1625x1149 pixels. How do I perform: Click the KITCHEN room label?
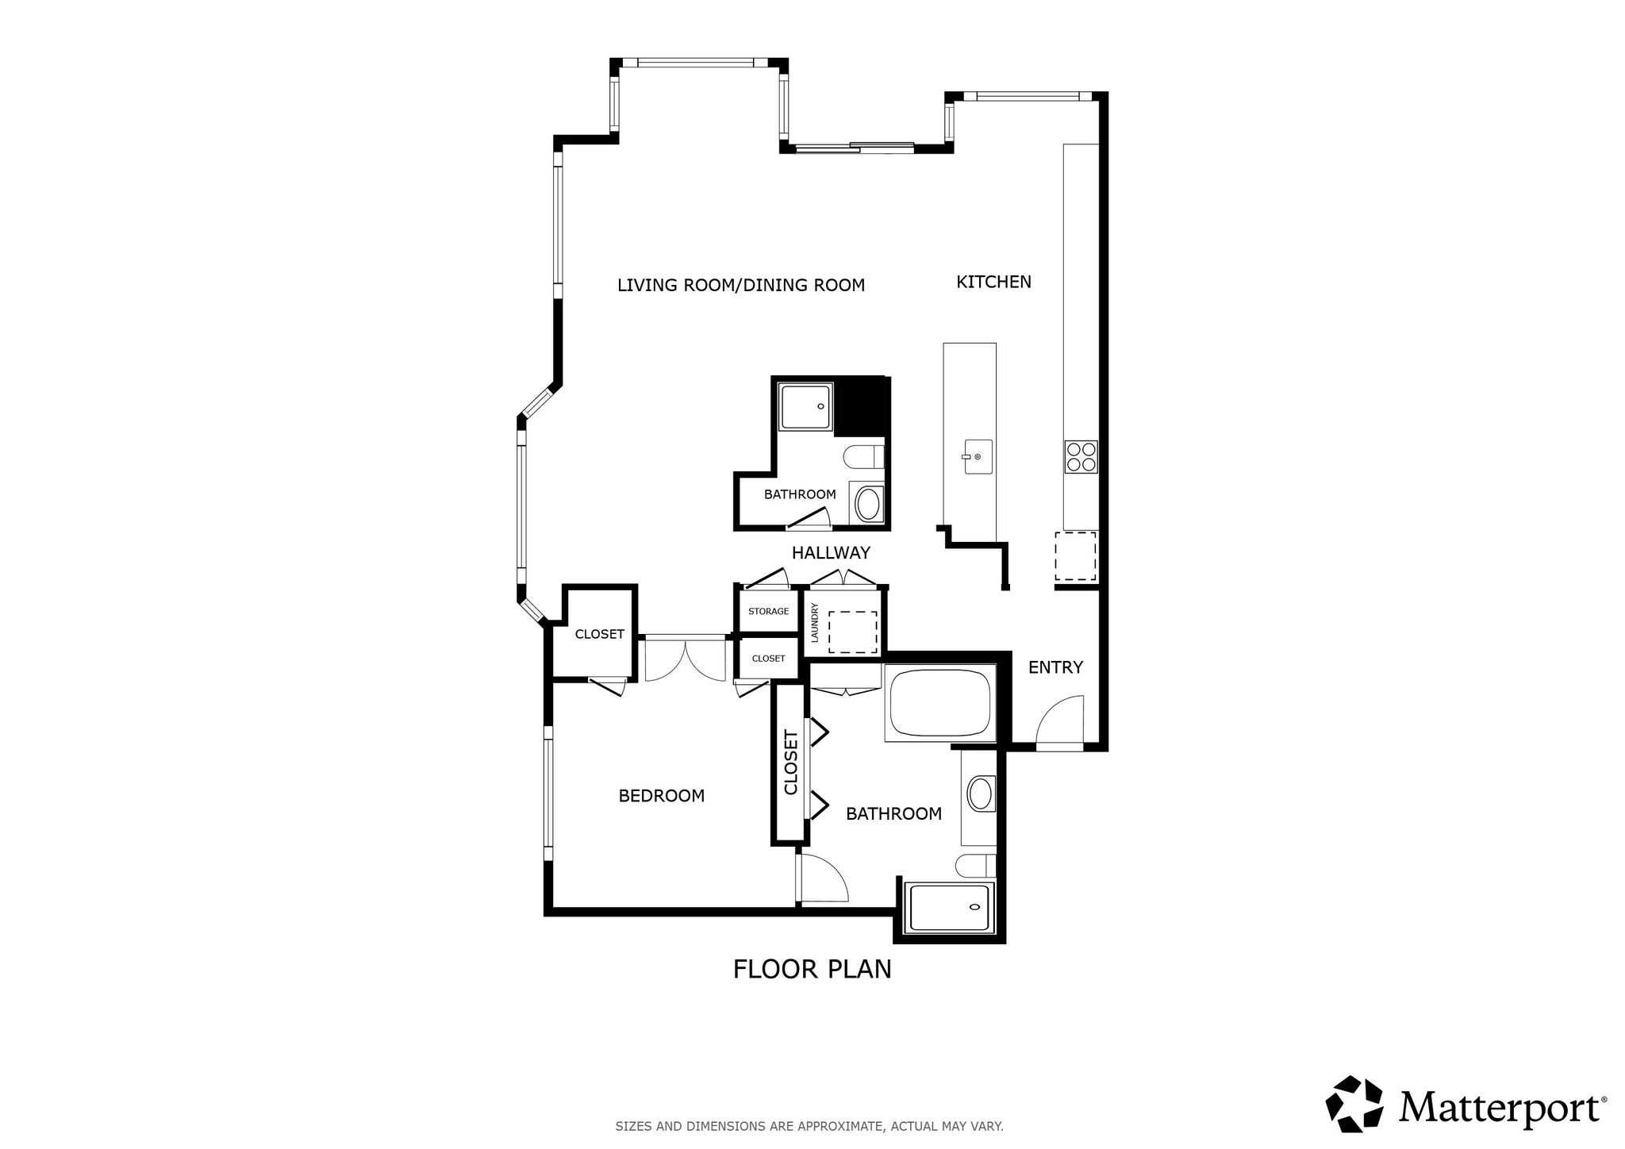993,282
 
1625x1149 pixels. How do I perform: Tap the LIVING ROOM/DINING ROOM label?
741,285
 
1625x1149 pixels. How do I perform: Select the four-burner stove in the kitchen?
1081,457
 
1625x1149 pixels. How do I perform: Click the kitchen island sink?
978,457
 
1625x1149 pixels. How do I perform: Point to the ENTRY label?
1055,667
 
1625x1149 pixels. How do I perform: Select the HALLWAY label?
831,552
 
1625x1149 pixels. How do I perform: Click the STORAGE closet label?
768,611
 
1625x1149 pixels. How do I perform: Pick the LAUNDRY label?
815,623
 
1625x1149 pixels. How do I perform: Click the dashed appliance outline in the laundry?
853,632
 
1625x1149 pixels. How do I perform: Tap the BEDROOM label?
661,795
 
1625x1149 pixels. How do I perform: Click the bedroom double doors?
685,660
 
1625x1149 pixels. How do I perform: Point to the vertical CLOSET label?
790,763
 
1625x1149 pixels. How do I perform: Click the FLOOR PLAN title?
812,969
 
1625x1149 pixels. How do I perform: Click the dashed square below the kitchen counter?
1075,556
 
